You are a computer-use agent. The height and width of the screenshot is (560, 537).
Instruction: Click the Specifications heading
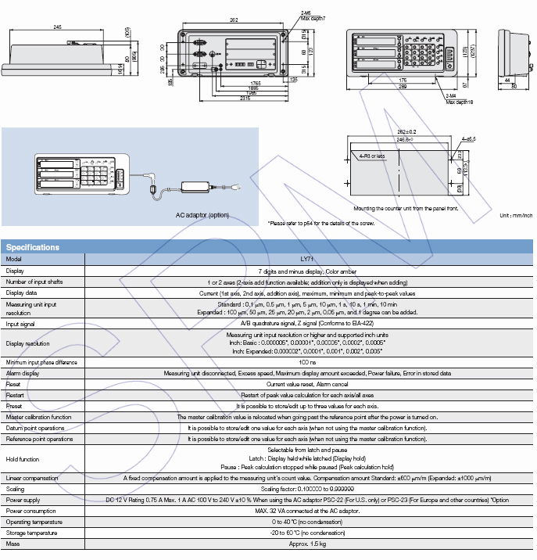click(33, 247)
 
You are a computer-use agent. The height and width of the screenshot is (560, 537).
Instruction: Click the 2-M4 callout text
click(449, 96)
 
